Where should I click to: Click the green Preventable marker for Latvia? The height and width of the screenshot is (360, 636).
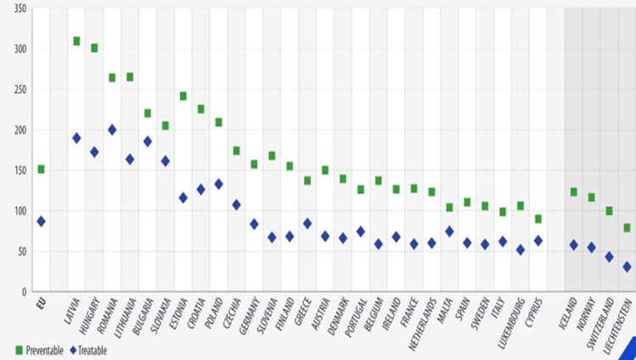click(x=76, y=41)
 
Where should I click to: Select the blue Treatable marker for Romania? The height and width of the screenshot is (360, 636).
click(x=112, y=130)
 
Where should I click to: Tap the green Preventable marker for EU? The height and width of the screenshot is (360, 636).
click(x=41, y=169)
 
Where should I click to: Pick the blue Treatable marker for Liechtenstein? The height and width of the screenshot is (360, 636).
click(x=627, y=267)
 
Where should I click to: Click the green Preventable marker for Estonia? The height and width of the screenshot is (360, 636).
click(x=183, y=96)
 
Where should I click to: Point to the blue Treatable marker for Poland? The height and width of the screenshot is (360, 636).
click(x=218, y=183)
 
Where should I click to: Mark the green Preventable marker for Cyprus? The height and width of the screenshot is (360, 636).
click(x=538, y=219)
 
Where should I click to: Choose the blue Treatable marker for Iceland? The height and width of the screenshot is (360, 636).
click(x=573, y=245)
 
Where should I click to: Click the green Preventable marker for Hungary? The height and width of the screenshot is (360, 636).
click(x=94, y=48)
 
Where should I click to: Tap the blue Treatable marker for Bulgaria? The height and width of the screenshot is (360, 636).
click(x=148, y=141)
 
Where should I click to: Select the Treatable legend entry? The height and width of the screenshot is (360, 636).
click(x=89, y=349)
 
